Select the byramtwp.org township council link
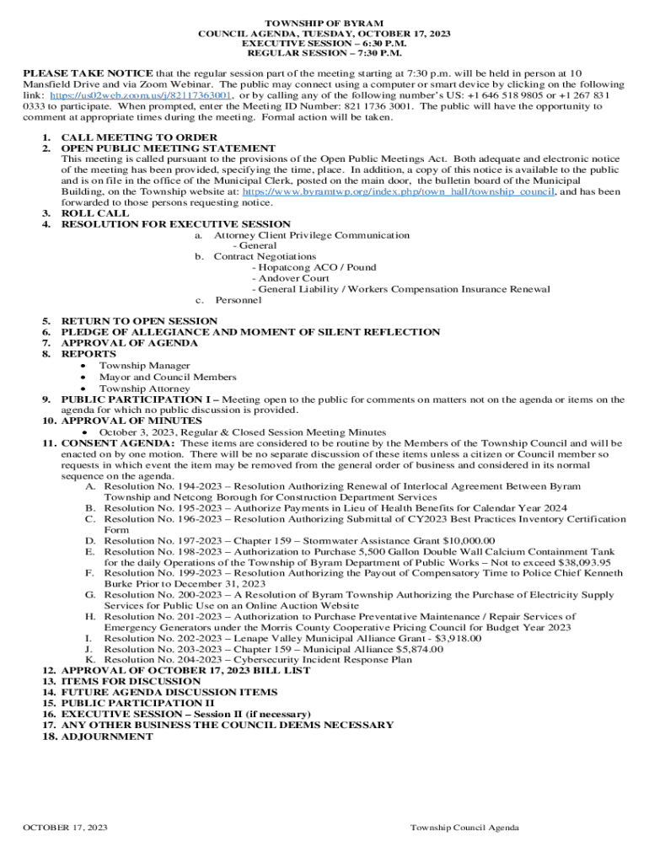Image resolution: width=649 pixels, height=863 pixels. coord(398,191)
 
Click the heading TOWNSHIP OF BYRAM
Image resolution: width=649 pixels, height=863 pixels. coord(324,23)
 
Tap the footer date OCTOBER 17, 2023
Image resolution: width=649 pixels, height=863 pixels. coord(65,828)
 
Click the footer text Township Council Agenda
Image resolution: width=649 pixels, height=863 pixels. coord(464,828)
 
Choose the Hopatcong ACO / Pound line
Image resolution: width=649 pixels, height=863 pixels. coord(317,267)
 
